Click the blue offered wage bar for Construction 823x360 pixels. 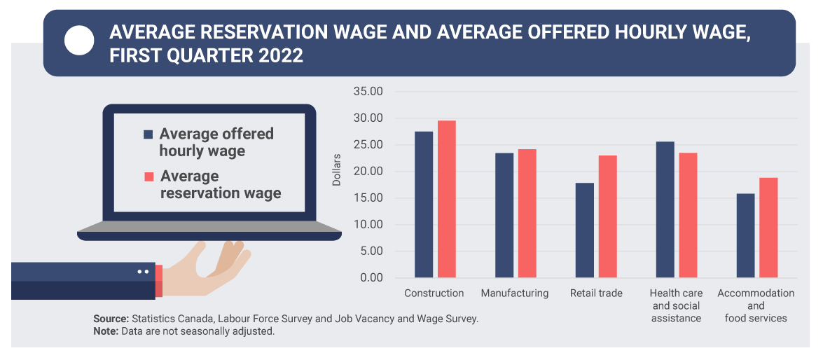(424, 205)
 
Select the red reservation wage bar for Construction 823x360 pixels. (447, 199)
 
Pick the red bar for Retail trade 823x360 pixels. (607, 216)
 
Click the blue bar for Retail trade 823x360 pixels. (584, 230)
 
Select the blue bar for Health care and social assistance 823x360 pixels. (665, 209)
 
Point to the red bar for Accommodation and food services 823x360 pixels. (768, 228)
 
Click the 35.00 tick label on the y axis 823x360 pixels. (368, 92)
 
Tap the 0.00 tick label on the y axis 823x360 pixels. (371, 278)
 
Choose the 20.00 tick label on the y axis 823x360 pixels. (368, 172)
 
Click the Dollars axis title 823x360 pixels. (337, 169)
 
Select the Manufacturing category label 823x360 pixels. (515, 293)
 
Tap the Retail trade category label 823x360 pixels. (596, 293)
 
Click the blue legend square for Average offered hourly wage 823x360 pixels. (148, 134)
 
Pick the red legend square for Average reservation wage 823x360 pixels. (148, 176)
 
